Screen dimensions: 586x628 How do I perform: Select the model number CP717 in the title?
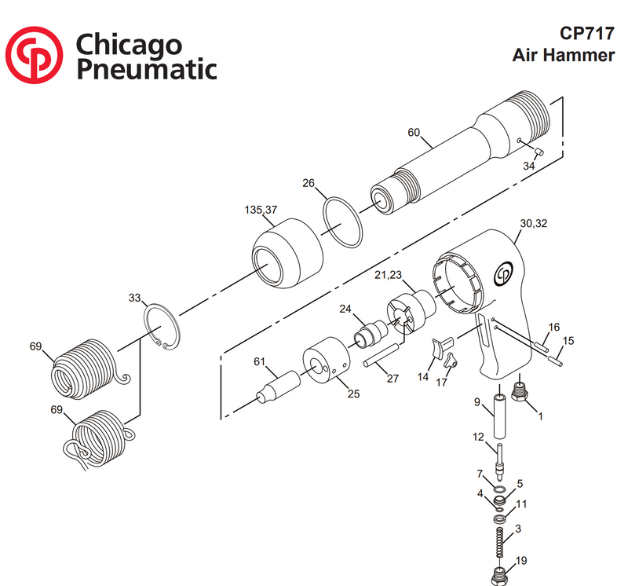(586, 34)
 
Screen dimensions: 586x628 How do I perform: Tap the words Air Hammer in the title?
(563, 56)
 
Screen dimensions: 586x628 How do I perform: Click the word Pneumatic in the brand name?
(146, 68)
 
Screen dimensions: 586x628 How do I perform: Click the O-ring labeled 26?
(344, 224)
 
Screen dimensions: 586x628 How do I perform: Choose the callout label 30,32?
(534, 224)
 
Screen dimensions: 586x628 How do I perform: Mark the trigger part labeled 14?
(442, 345)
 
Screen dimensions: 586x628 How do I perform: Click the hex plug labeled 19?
(497, 576)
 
